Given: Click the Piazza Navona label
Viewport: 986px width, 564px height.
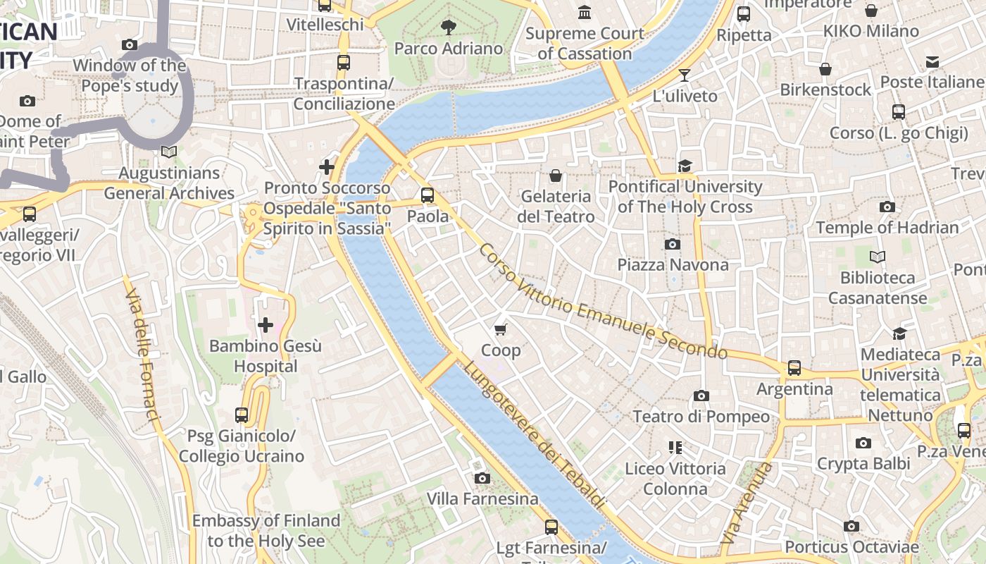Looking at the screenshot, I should [x=673, y=264].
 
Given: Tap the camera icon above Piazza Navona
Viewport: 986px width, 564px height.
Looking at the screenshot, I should [x=673, y=244].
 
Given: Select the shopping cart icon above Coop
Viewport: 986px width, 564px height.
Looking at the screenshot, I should [x=501, y=329].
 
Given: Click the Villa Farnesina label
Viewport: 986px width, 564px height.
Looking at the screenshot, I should [x=482, y=498].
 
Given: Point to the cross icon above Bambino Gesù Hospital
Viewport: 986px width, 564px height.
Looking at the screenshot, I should [x=266, y=325].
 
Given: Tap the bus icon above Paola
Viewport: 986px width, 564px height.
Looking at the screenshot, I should [x=428, y=195].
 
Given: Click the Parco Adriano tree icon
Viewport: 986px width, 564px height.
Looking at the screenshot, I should [x=448, y=27].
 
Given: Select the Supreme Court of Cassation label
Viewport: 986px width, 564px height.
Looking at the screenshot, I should [x=585, y=43].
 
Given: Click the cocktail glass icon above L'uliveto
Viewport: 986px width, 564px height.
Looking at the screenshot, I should [x=684, y=75].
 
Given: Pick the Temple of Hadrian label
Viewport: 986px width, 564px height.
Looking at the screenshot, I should [x=887, y=227].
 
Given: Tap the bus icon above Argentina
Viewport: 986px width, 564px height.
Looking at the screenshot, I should [x=794, y=367].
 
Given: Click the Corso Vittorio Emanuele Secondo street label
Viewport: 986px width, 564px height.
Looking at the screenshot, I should [x=602, y=302].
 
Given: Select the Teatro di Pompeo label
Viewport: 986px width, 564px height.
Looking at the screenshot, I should [x=701, y=416].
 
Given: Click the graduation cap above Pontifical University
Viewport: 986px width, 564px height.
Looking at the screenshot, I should [x=685, y=166].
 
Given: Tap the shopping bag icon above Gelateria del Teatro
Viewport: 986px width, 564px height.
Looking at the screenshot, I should [x=556, y=175].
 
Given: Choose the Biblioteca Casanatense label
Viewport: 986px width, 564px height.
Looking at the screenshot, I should [x=877, y=288].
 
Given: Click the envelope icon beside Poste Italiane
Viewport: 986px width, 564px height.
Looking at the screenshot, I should [x=932, y=62].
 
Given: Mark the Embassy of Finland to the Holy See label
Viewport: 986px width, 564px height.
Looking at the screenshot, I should [x=266, y=530].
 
